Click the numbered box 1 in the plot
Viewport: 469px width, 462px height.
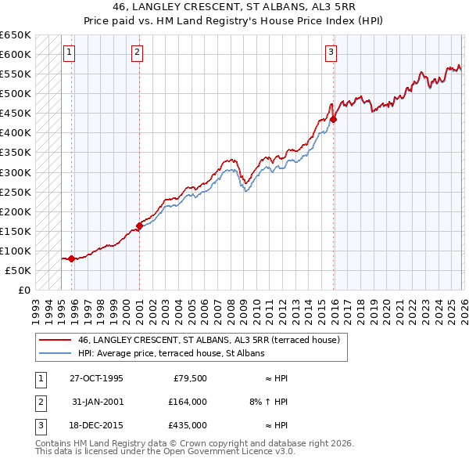tap(69, 52)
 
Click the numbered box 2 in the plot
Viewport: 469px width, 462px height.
tap(137, 52)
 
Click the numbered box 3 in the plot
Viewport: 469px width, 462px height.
tap(331, 52)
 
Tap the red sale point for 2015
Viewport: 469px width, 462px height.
tap(334, 119)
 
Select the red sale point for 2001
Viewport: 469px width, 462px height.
tap(140, 226)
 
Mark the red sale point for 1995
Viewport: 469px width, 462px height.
tap(71, 258)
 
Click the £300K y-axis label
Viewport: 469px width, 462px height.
tap(16, 172)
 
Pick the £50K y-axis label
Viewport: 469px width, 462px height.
tap(19, 270)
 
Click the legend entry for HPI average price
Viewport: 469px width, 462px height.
tap(171, 353)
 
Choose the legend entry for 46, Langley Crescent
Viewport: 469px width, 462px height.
tap(208, 341)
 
